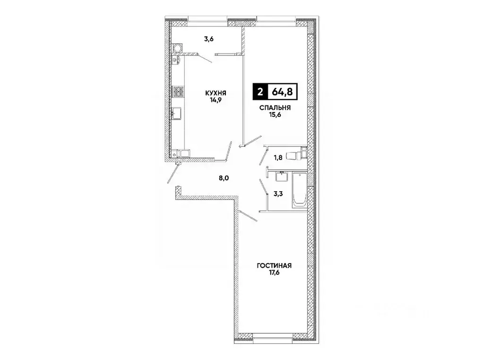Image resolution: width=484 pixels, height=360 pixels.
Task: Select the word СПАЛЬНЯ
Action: [x=274, y=108]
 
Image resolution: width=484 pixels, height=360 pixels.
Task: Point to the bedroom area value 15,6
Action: [x=274, y=115]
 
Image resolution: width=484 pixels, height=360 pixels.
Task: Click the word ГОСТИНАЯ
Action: [x=274, y=266]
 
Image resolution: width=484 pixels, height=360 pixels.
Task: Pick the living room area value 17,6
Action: [x=274, y=273]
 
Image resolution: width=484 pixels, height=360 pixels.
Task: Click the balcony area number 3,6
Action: [x=209, y=39]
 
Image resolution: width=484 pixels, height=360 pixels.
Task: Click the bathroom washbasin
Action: [x=282, y=176]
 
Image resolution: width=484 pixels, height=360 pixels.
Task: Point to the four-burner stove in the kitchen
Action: [x=178, y=91]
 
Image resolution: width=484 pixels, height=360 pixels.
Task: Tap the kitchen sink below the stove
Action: [x=177, y=114]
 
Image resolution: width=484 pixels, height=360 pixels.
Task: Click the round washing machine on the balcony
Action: [x=177, y=48]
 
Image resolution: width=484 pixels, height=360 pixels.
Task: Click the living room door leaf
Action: [x=248, y=217]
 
